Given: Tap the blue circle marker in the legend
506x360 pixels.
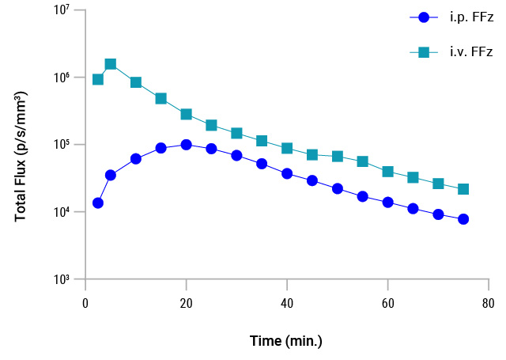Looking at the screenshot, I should [424, 17].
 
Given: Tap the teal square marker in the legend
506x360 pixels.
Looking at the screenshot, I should [424, 52].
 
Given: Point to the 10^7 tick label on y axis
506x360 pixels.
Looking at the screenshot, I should [62, 10].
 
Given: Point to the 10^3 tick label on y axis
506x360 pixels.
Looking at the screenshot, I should [62, 280].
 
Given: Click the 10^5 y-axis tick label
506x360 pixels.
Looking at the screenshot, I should [62, 145].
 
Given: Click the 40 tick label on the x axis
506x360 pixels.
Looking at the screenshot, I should [287, 303].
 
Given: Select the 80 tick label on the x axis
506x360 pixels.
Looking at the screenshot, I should [488, 303].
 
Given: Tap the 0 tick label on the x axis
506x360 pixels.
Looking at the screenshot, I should [85, 303].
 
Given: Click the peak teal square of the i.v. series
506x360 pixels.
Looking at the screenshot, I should [111, 64].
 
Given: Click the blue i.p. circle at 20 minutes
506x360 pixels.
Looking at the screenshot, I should [186, 145].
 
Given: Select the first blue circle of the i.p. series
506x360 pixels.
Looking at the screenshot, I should [98, 203].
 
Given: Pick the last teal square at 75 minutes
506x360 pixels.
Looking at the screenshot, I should [463, 189].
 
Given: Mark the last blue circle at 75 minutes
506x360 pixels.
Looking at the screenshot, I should [463, 219].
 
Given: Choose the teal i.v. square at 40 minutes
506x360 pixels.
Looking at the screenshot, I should [287, 148].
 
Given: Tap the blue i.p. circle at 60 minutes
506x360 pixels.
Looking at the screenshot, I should [387, 203].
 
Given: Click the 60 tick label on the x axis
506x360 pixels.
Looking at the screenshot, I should [387, 303].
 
